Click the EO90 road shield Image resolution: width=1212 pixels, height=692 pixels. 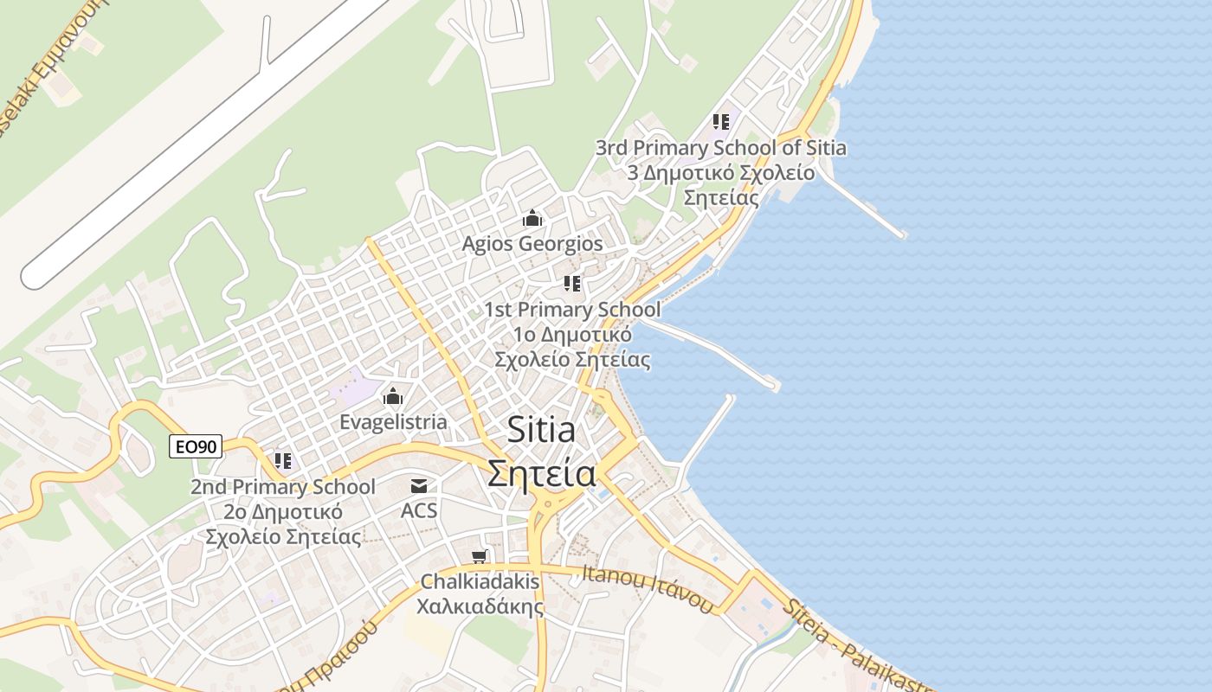tap(196, 446)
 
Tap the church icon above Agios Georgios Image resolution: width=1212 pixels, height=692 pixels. tap(532, 219)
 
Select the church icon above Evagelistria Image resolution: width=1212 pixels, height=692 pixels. tap(393, 397)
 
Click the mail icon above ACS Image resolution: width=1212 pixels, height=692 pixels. tap(419, 486)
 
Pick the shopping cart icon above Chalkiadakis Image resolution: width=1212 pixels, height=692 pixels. tap(480, 556)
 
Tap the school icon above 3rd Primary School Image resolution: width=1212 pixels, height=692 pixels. tap(721, 122)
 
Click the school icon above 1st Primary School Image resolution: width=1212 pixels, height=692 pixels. tap(571, 284)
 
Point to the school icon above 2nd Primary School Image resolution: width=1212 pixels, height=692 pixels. tap(283, 461)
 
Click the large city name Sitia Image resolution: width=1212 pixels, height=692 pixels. tap(541, 428)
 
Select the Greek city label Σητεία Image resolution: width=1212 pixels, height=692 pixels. tap(541, 473)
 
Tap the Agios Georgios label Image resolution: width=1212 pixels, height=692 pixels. tap(532, 244)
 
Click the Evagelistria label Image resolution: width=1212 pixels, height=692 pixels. tap(393, 422)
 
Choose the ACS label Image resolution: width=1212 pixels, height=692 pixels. tap(419, 510)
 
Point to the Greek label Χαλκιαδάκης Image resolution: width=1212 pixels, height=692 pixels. tap(480, 605)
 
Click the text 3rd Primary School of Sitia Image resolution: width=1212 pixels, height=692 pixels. tap(720, 148)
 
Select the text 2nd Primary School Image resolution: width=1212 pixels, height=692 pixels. tap(283, 487)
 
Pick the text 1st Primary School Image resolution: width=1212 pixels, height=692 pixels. tap(571, 310)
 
